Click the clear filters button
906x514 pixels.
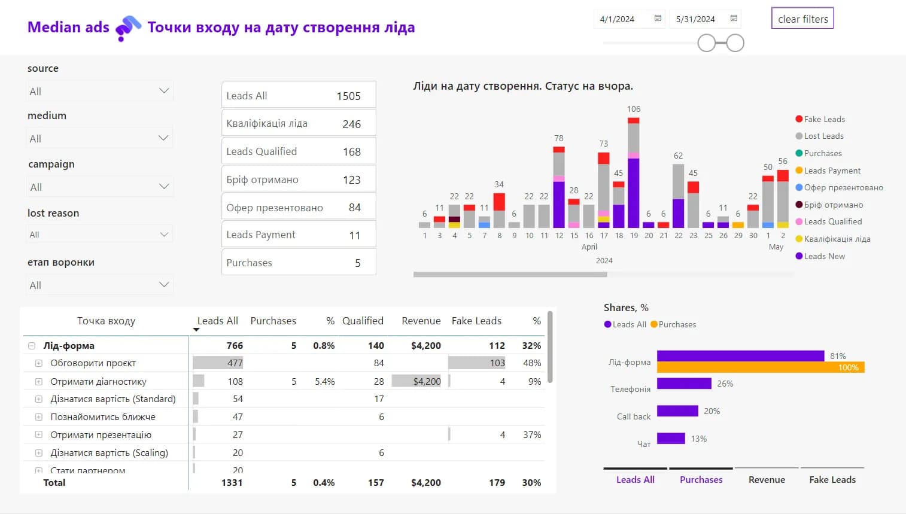coord(802,19)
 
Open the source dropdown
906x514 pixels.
coord(100,91)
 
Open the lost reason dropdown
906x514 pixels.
coord(100,235)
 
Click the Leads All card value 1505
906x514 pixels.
coord(348,96)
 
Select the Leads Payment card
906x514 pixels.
coord(298,235)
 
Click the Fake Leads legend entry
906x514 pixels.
coord(824,119)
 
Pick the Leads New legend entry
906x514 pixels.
coord(824,256)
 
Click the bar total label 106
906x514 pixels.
coord(634,109)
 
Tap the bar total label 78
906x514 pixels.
coord(559,138)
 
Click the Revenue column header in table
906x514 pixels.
coord(421,321)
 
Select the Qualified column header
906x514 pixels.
coord(363,321)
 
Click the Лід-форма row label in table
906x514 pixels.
coord(69,345)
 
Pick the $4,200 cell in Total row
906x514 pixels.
coord(425,482)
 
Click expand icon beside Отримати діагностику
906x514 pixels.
coord(39,381)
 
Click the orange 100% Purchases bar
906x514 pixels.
coord(760,367)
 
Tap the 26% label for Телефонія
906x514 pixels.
coord(725,384)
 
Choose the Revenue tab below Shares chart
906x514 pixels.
coord(767,479)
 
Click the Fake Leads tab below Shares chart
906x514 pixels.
coord(832,479)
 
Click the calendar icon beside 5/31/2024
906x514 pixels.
coord(734,19)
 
